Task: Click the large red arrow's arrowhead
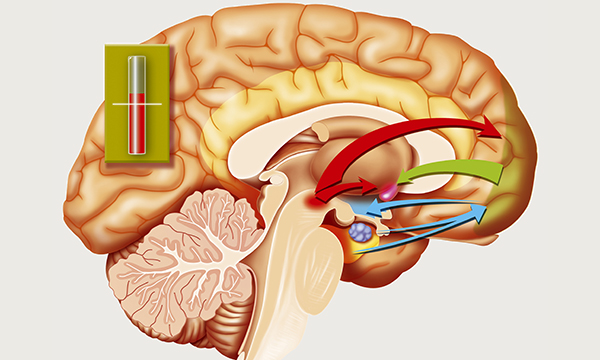point(493,128)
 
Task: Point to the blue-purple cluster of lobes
point(360,232)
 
